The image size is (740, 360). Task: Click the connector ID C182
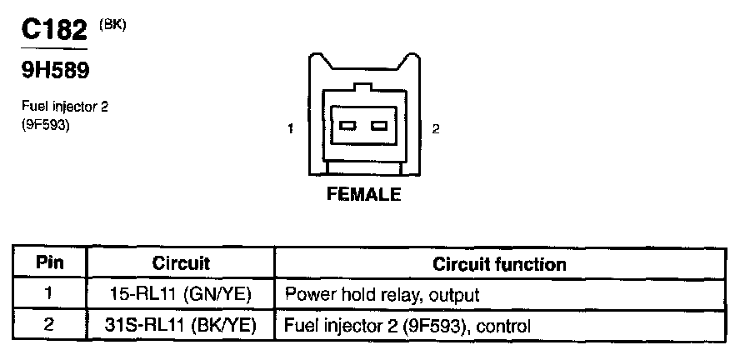(54, 31)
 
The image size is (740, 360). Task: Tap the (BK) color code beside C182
(112, 24)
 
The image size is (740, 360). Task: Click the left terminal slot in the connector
(347, 126)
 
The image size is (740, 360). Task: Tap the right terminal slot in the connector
(379, 126)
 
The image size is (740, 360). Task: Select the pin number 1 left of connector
(290, 129)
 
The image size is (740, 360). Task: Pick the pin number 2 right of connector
(436, 129)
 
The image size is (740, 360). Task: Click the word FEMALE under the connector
(362, 195)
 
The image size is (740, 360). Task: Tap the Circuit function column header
(499, 264)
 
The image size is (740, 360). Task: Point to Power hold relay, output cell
(382, 294)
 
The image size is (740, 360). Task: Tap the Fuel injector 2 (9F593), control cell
(408, 323)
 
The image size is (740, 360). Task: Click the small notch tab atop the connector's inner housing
(362, 86)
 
